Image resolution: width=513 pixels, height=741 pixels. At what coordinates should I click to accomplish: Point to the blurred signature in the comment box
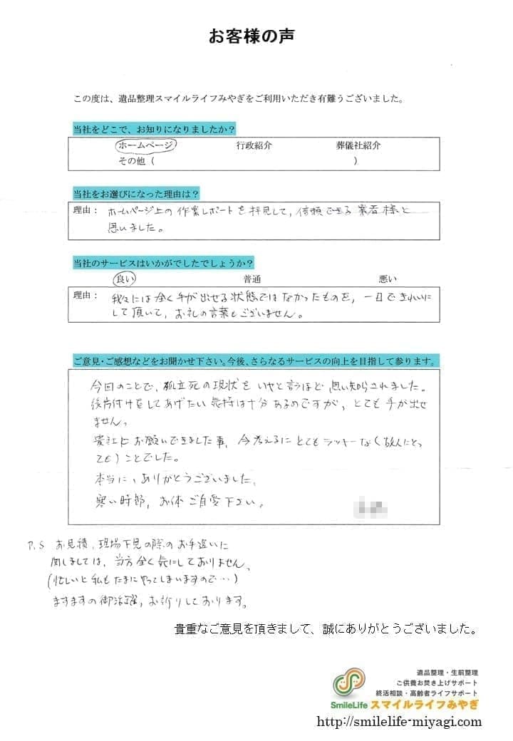point(373,509)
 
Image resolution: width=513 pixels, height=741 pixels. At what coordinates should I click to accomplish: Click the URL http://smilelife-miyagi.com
point(400,721)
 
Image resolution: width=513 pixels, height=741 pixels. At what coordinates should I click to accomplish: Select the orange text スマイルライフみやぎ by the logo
point(425,705)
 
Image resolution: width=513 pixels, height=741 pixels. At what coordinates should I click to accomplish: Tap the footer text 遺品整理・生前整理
point(447,673)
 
